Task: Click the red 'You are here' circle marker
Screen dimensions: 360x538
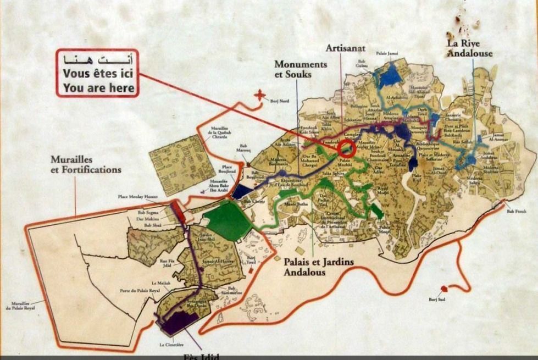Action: (x=346, y=147)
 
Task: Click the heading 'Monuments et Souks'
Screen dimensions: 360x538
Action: (x=300, y=69)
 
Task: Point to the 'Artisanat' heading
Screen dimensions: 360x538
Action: (x=346, y=48)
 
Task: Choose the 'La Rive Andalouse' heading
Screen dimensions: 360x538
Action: (x=469, y=48)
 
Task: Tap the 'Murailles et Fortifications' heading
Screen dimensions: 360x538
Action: (x=85, y=164)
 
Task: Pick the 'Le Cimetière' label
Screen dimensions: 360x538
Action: (x=171, y=345)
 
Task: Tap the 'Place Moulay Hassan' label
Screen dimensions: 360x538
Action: (x=137, y=196)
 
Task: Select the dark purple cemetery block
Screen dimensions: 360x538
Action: (x=179, y=323)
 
